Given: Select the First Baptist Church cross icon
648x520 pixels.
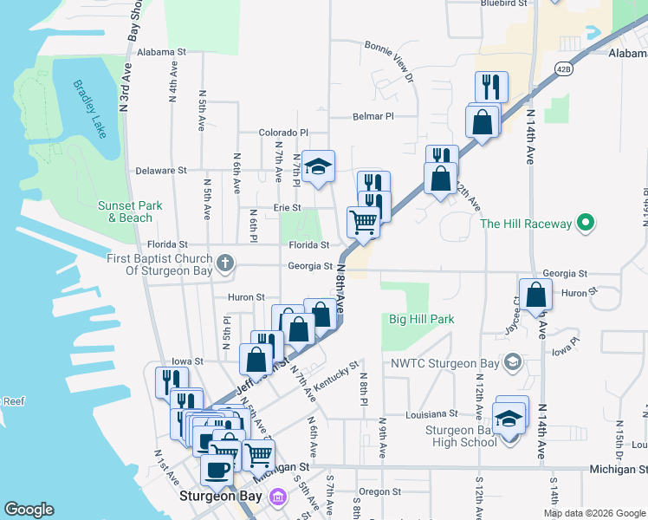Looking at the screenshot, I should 225,261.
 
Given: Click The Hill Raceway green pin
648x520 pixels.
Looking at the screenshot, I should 586,224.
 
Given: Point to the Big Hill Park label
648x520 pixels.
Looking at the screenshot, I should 422,319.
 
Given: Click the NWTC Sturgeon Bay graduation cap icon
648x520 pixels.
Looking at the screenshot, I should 512,361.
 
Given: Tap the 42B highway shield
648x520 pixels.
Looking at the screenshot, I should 564,69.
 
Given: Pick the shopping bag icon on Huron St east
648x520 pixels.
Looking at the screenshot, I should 535,294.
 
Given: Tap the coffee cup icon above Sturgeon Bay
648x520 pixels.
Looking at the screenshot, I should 217,470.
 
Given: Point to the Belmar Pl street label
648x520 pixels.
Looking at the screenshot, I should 373,115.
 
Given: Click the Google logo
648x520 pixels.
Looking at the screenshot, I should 29,510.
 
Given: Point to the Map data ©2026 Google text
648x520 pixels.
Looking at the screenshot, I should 593,513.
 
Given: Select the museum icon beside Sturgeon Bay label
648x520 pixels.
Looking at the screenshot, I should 278,497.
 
